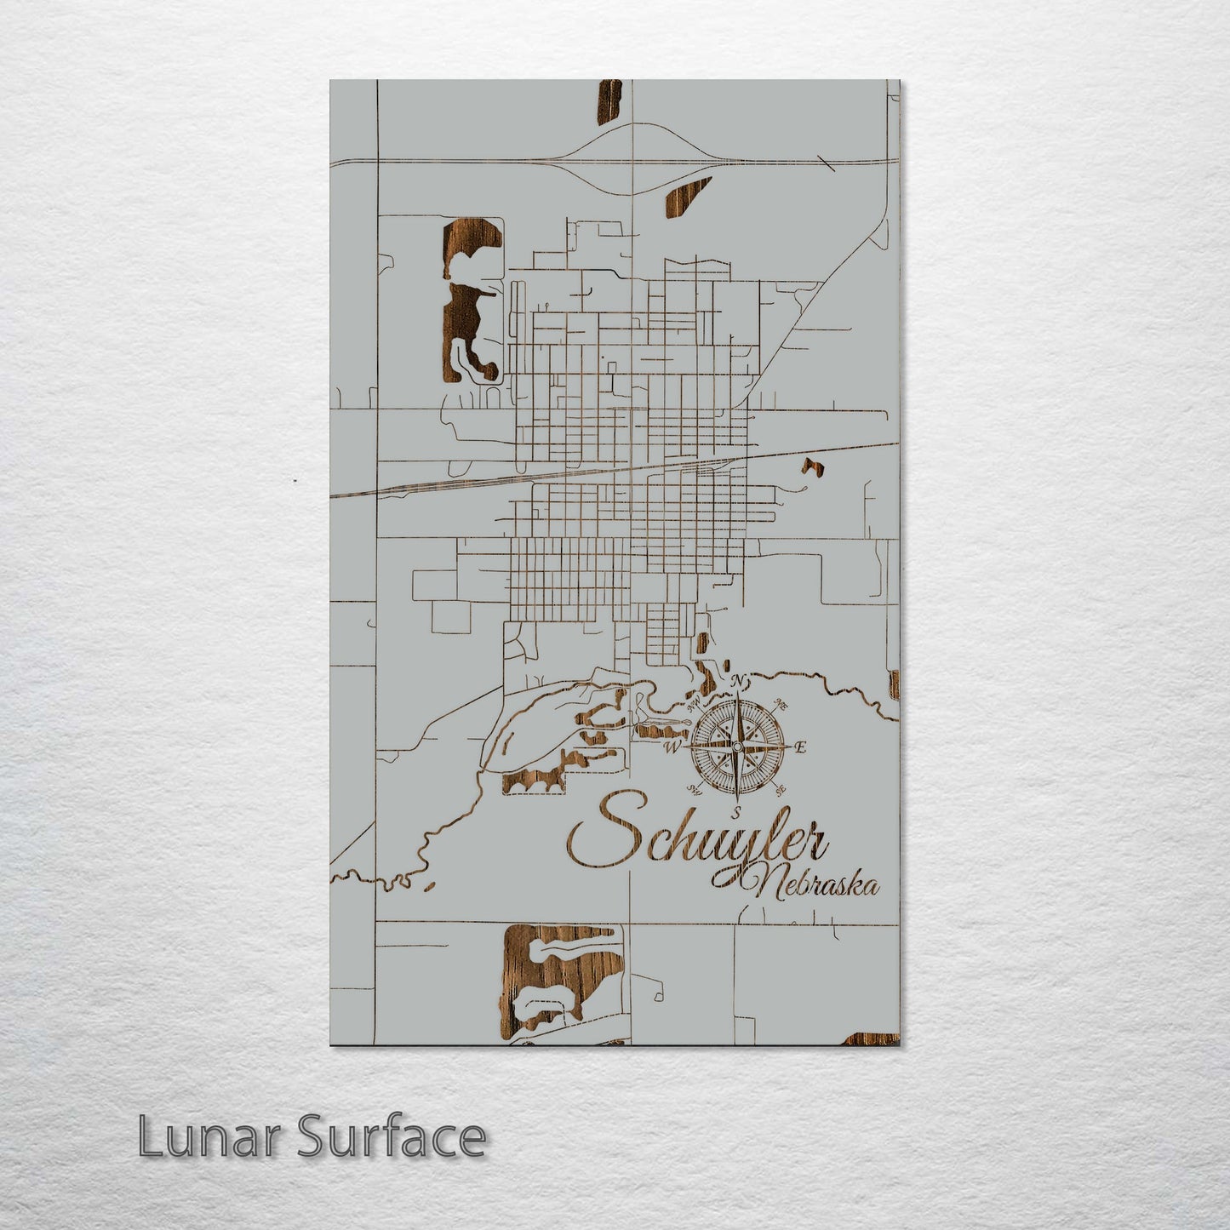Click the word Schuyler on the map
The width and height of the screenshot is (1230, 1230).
point(698,838)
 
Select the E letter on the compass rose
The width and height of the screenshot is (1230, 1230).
point(799,747)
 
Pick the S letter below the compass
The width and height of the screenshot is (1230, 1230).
point(737,810)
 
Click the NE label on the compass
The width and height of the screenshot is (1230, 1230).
point(781,705)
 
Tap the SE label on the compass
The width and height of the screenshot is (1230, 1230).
point(780,789)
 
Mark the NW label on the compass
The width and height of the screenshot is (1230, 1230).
point(694,703)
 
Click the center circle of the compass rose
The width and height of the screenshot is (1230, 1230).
point(737,747)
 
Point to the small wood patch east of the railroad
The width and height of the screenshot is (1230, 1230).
point(809,466)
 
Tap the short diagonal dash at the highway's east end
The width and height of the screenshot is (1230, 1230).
point(826,163)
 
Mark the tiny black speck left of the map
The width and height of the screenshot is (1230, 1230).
point(295,481)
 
